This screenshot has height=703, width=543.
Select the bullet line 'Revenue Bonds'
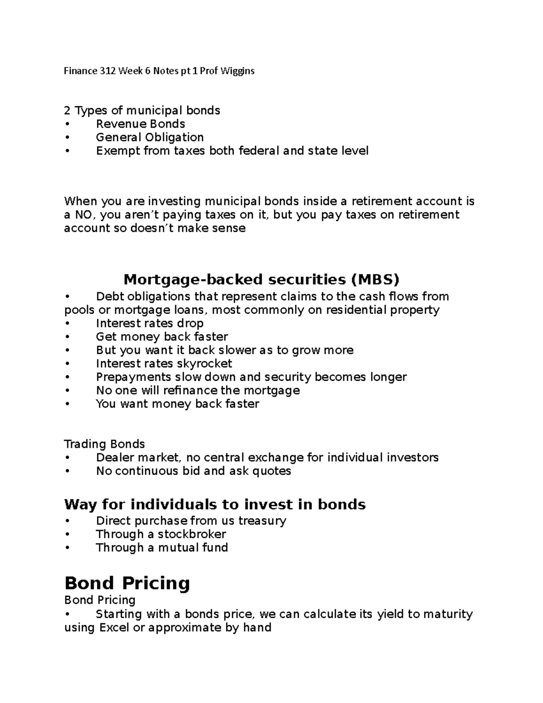tap(140, 124)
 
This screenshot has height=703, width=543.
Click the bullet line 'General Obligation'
tap(150, 137)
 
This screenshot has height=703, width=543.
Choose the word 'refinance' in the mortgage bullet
tap(189, 390)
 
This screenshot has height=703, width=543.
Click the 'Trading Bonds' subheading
tap(105, 444)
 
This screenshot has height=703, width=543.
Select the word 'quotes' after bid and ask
tap(271, 471)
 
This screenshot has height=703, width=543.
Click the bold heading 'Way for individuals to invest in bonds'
tap(215, 504)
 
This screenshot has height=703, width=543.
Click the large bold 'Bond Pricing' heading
tap(127, 583)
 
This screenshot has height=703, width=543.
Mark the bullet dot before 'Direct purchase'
tap(67, 521)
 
